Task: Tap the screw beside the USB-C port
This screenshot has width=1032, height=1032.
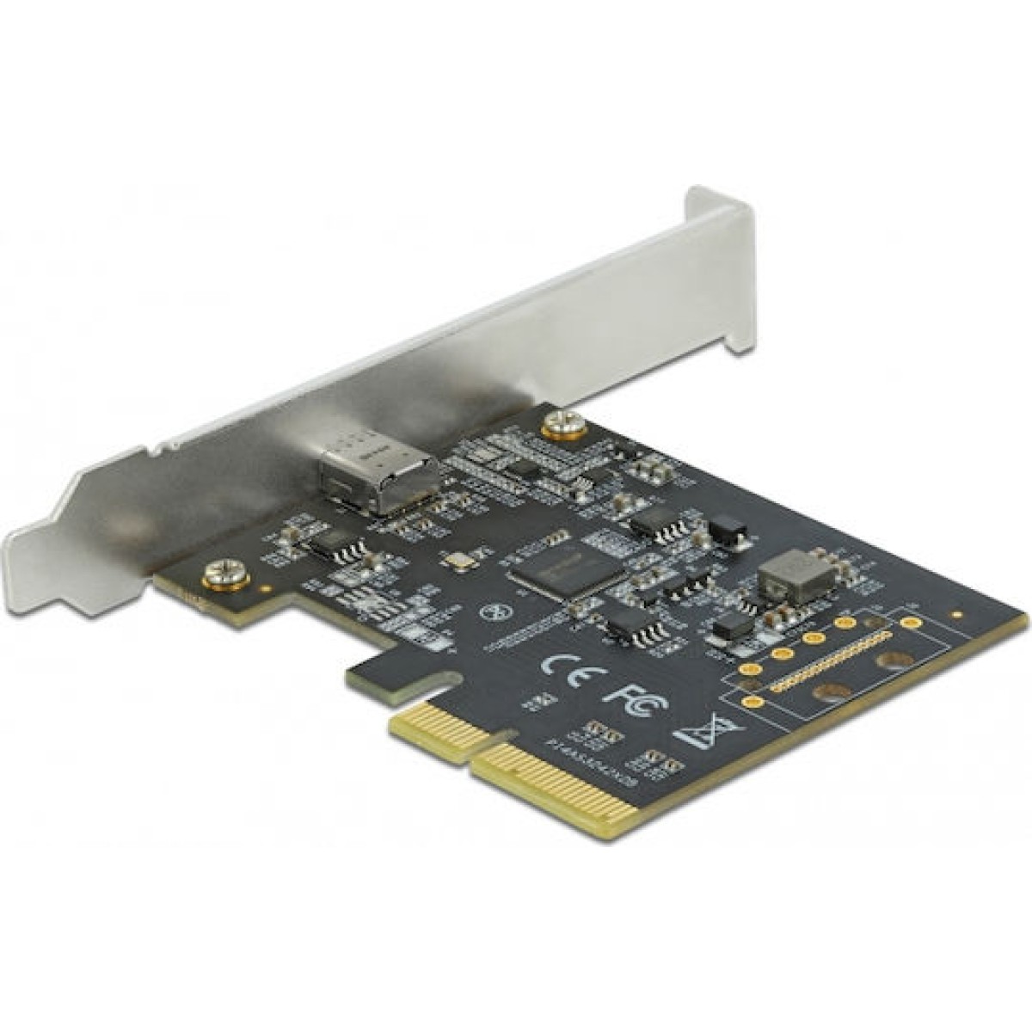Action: [x=564, y=424]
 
